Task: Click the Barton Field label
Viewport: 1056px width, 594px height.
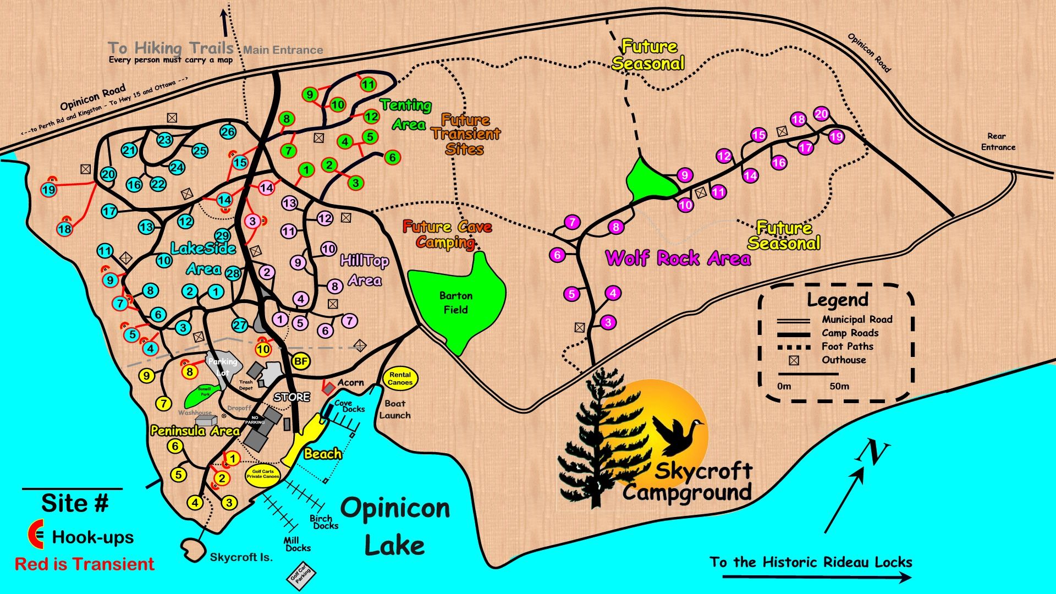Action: (456, 302)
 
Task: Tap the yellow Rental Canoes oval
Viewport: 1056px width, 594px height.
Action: (400, 378)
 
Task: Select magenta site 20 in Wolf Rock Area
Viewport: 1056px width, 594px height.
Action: (821, 114)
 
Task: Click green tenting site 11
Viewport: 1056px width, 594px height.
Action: (368, 85)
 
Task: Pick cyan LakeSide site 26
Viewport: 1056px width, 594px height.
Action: (228, 131)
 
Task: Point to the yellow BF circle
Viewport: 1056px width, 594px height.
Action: (300, 361)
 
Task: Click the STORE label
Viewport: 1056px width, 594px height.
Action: (291, 397)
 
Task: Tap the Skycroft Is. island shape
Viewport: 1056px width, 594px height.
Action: (193, 548)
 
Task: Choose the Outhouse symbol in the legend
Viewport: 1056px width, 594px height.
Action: (794, 361)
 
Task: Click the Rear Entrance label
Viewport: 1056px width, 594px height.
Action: (998, 141)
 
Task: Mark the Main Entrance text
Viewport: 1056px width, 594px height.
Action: (283, 50)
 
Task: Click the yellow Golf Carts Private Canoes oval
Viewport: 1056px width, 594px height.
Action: (263, 474)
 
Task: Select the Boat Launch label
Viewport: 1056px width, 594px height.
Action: (395, 409)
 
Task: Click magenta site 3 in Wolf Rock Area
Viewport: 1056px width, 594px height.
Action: (608, 322)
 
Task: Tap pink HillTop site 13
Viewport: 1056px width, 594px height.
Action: (290, 203)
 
